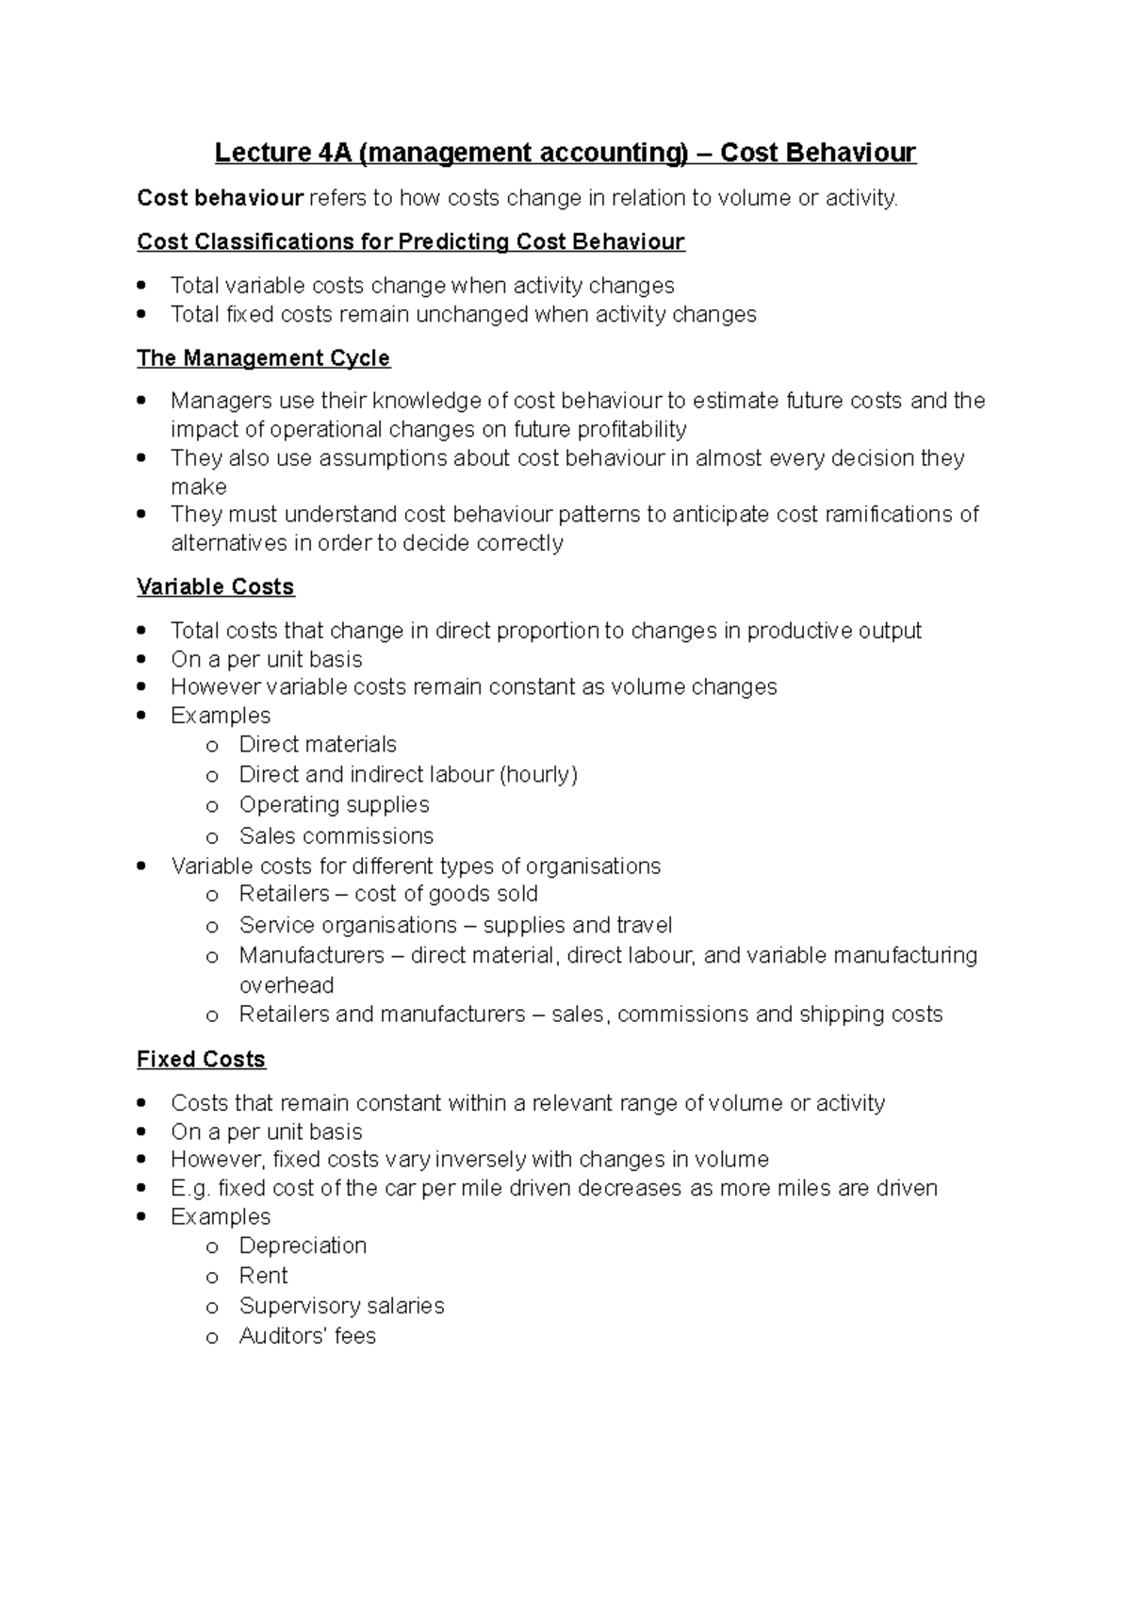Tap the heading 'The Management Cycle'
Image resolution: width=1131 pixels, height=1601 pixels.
263,358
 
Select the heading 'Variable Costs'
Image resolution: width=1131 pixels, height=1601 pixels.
215,586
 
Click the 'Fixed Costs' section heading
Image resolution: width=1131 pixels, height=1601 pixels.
201,1059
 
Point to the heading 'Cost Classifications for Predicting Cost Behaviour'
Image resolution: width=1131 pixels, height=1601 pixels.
410,241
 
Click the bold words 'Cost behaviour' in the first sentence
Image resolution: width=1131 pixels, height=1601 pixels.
220,198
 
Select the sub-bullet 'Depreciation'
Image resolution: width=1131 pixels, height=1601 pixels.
303,1246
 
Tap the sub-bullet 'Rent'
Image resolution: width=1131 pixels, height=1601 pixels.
263,1276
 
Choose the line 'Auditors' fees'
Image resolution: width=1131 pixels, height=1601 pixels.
307,1336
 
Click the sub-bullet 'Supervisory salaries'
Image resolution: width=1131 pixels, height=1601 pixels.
341,1306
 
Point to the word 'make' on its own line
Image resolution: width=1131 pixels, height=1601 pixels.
198,487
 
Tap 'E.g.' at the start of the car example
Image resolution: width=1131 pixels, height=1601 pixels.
190,1188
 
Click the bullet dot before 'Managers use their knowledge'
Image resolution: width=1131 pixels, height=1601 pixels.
141,400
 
